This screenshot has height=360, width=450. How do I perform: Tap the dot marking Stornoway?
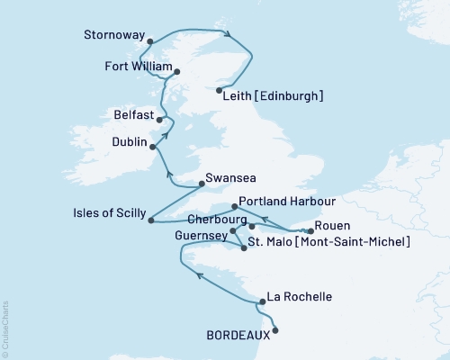coord(149,40)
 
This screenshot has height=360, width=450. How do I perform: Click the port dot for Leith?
coord(220,89)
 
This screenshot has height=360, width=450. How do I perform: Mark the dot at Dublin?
coord(152,147)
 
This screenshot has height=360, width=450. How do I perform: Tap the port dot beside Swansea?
coord(200,184)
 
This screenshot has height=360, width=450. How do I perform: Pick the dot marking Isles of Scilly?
coord(149,220)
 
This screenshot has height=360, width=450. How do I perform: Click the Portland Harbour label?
coord(288,203)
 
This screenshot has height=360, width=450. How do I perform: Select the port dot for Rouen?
coord(310,231)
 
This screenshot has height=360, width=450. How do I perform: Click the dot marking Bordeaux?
coord(274,330)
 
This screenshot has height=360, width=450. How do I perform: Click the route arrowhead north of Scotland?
coord(229,36)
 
